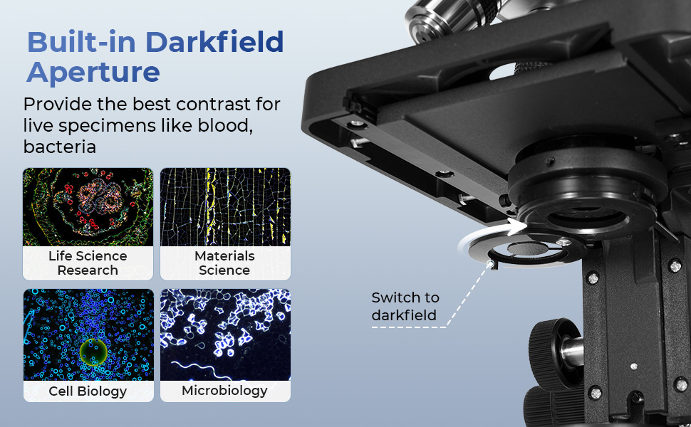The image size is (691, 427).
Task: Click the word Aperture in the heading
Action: tap(93, 73)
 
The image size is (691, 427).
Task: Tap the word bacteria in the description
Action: tap(59, 147)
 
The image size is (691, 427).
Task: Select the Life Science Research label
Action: tap(88, 263)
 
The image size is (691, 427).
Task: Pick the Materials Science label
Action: tap(224, 263)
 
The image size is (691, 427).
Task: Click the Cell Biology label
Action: tap(88, 391)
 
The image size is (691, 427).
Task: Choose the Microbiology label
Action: tap(224, 390)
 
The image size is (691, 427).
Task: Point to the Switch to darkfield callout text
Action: tap(405, 306)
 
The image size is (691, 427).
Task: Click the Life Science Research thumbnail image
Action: tap(88, 206)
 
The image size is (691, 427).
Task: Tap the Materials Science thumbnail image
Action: tap(224, 206)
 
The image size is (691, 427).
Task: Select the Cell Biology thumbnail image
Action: tap(88, 334)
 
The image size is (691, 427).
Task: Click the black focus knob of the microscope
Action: tap(552, 352)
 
